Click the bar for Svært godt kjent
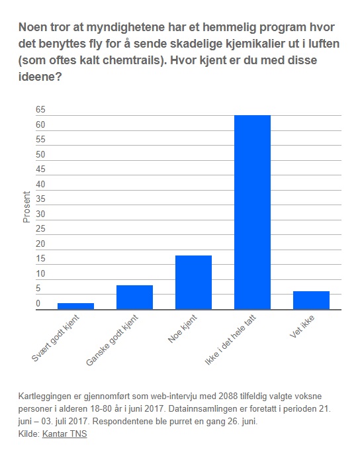(75, 306)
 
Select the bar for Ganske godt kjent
(135, 297)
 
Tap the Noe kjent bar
(194, 283)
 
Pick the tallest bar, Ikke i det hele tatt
(252, 212)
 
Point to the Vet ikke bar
(311, 300)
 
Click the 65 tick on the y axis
(40, 110)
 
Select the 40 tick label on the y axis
(40, 184)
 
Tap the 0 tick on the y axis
(38, 303)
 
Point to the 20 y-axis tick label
(40, 244)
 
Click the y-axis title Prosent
(26, 207)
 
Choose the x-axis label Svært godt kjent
(56, 338)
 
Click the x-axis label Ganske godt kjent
(112, 340)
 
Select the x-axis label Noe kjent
(183, 328)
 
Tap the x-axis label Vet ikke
(302, 326)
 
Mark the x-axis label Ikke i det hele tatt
(230, 340)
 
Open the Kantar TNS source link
(65, 434)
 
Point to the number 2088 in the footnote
(228, 396)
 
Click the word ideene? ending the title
(40, 77)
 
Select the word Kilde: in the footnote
(29, 434)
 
